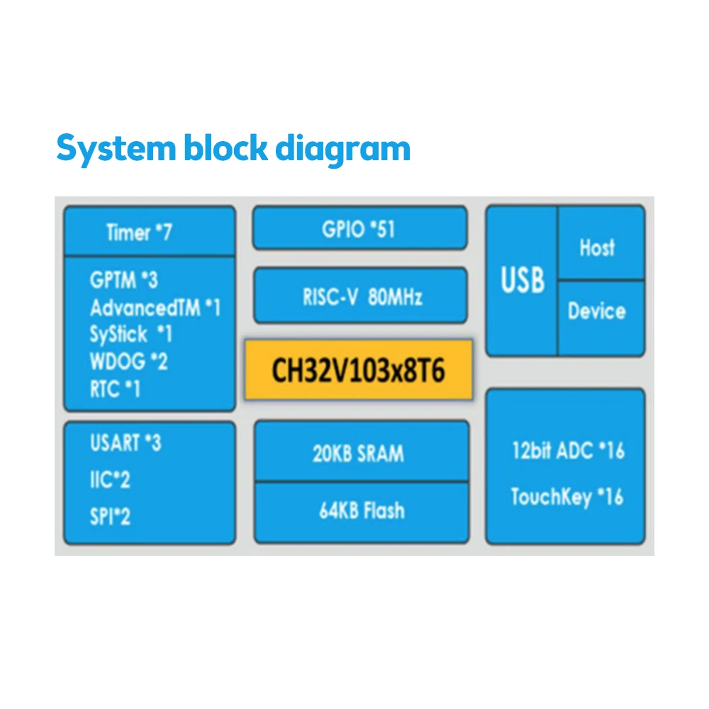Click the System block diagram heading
(233, 149)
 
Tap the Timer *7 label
(139, 232)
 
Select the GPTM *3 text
(123, 280)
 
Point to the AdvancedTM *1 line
(155, 308)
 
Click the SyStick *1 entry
(130, 334)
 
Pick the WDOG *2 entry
(128, 362)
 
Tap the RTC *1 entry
(115, 389)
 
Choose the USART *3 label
(125, 443)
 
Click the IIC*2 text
(110, 480)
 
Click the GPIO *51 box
(359, 229)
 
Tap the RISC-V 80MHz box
(361, 296)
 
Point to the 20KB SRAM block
(359, 453)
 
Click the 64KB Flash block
(362, 510)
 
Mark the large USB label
(523, 281)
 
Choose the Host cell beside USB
(597, 247)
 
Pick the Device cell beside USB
(597, 311)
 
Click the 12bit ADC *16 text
(567, 450)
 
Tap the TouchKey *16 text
(566, 496)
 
